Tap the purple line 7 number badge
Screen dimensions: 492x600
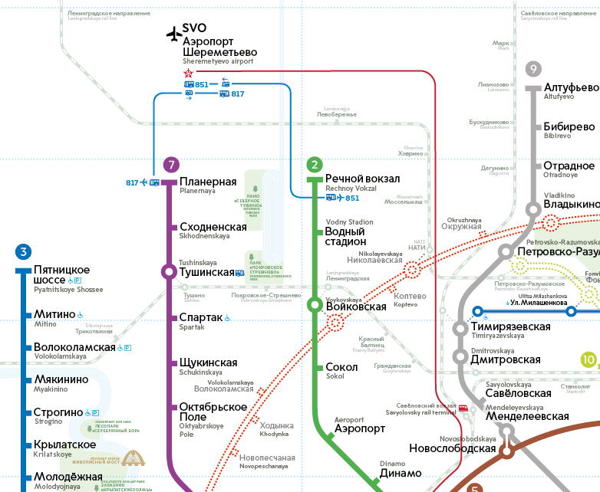pyautogui.click(x=171, y=164)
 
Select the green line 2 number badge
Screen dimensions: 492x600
pyautogui.click(x=314, y=164)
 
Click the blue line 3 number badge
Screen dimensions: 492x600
pyautogui.click(x=24, y=251)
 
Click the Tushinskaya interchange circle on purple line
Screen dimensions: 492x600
pyautogui.click(x=168, y=271)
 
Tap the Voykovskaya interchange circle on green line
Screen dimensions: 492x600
pyautogui.click(x=315, y=305)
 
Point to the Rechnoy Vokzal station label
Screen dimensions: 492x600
pyautogui.click(x=362, y=179)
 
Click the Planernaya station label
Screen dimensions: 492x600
pyautogui.click(x=208, y=182)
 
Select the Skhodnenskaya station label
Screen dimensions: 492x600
pyautogui.click(x=213, y=227)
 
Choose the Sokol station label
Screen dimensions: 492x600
pyautogui.click(x=341, y=368)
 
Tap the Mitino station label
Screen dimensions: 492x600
pyautogui.click(x=54, y=315)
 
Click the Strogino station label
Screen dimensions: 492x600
pyautogui.click(x=58, y=413)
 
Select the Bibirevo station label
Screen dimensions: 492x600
pyautogui.click(x=569, y=127)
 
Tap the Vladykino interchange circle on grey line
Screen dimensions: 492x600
pyautogui.click(x=533, y=209)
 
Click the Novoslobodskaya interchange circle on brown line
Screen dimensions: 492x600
pyautogui.click(x=506, y=451)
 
